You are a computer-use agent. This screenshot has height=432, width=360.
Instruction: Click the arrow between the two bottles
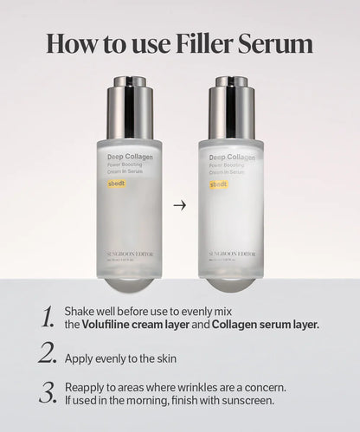(179, 206)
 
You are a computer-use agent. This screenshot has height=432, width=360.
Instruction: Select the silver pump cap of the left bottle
(129, 107)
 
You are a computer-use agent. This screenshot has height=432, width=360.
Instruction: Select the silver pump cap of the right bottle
(230, 107)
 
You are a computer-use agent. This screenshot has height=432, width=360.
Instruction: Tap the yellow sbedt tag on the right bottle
(217, 184)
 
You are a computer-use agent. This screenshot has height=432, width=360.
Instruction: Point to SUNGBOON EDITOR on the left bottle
(129, 254)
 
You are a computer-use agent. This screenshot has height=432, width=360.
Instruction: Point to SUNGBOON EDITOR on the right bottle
(230, 254)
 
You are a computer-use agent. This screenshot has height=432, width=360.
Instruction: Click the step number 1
(48, 318)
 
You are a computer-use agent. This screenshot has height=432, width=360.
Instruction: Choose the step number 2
(48, 353)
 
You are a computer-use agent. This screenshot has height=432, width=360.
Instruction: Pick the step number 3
(48, 391)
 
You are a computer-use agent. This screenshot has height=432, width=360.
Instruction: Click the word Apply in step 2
(80, 357)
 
